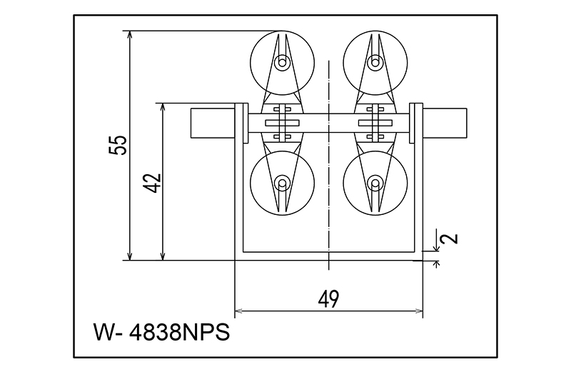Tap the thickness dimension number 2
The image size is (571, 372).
click(x=450, y=238)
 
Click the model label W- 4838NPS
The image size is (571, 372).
click(x=161, y=333)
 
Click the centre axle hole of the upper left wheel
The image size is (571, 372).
click(x=283, y=63)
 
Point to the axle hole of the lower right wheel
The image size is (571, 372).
click(x=373, y=184)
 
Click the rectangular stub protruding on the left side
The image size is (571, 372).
click(x=212, y=122)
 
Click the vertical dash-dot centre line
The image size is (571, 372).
click(x=328, y=214)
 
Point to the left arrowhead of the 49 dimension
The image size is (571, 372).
click(x=238, y=311)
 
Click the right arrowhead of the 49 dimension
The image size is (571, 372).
click(x=420, y=311)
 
